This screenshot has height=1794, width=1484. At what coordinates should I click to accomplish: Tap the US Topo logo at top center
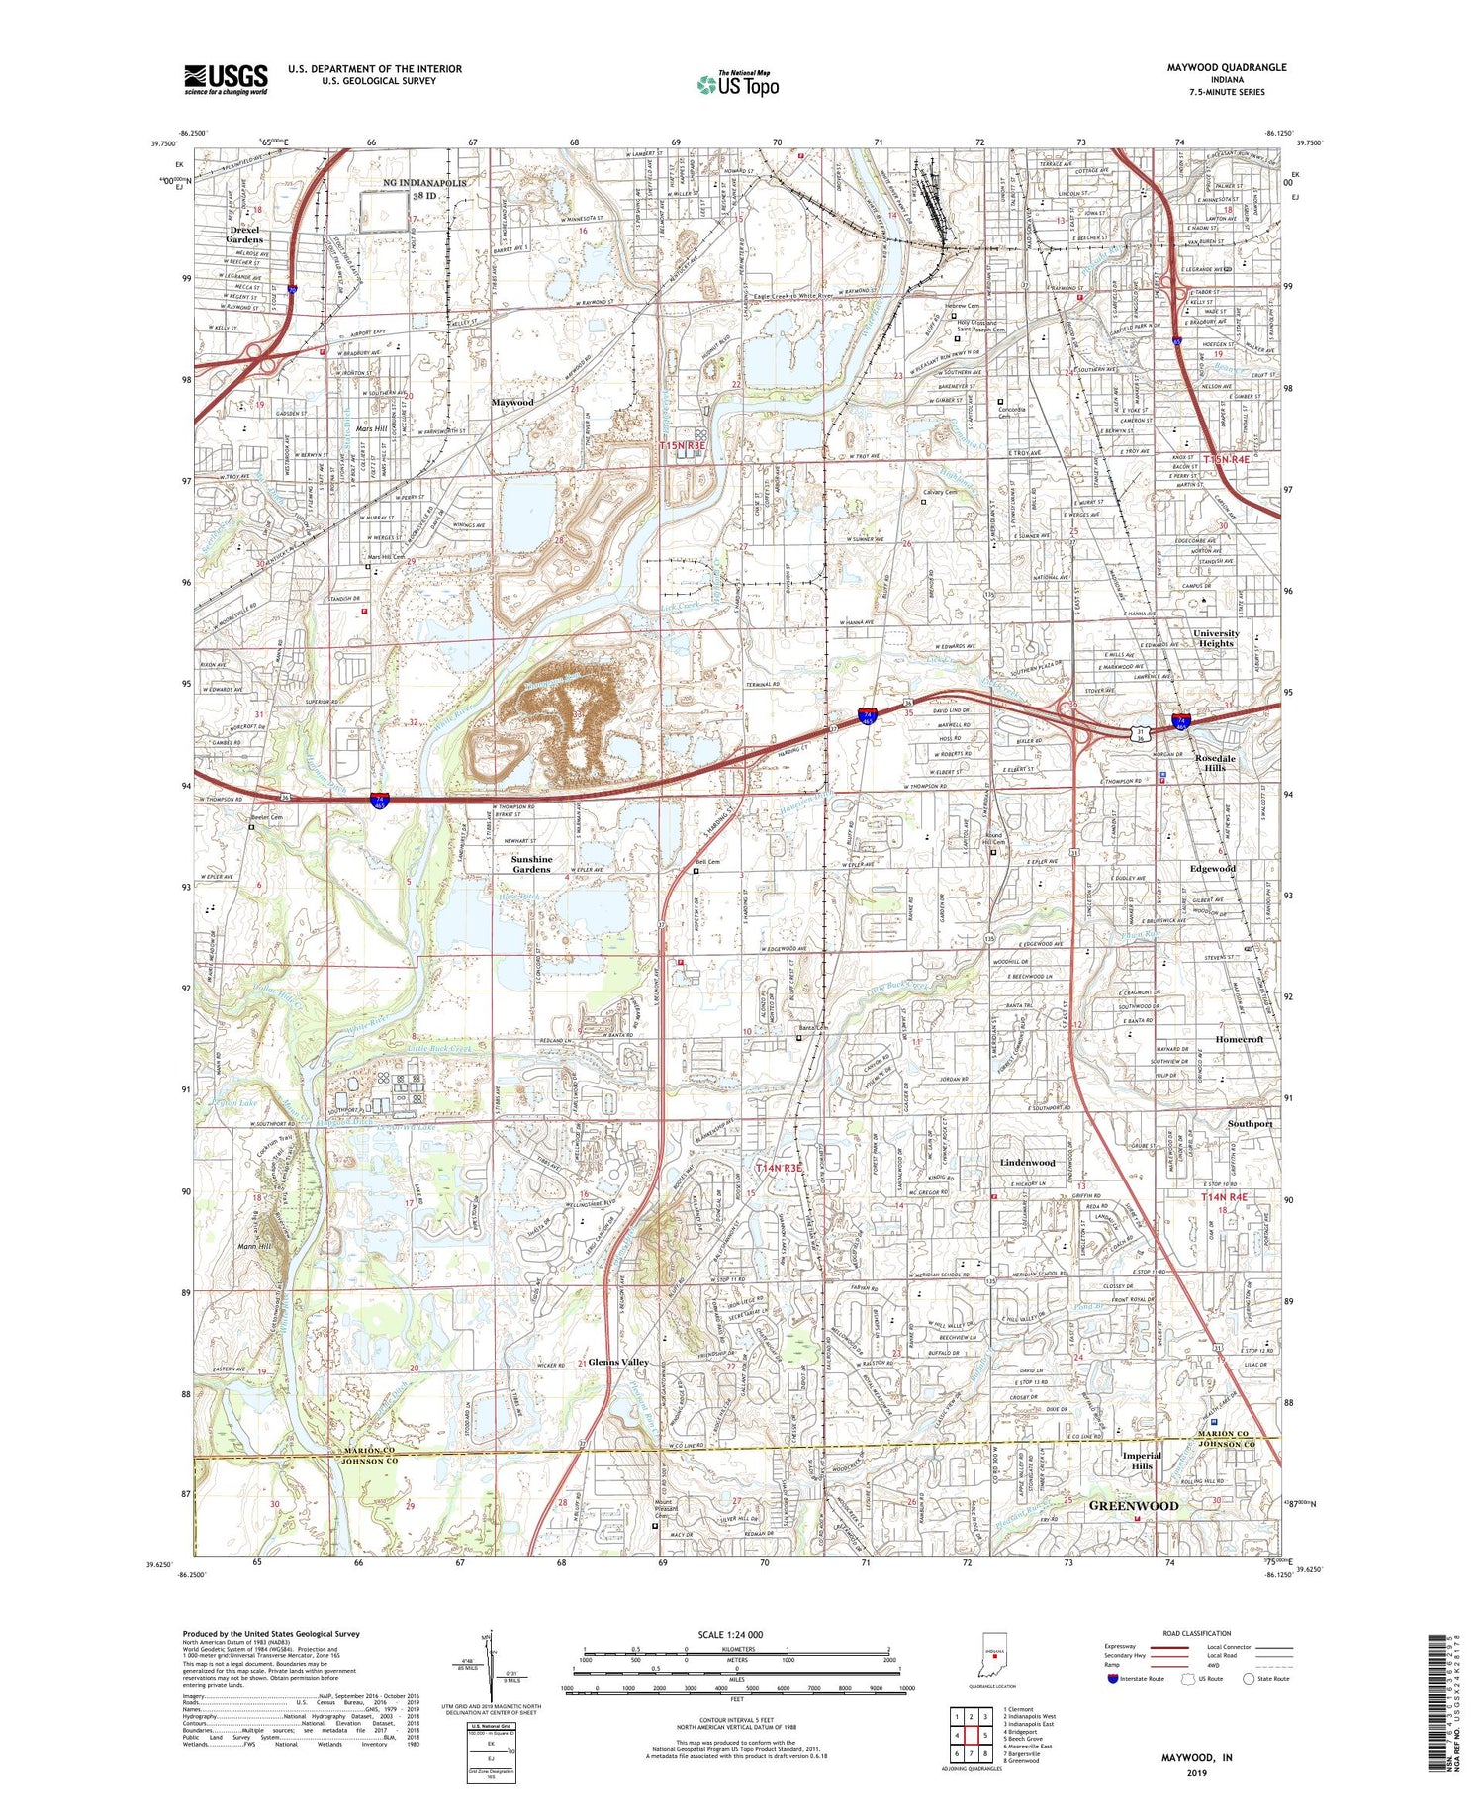click(x=737, y=85)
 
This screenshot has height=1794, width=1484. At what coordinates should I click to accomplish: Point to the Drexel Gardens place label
click(x=244, y=235)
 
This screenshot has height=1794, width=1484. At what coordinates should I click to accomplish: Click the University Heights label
click(x=1215, y=638)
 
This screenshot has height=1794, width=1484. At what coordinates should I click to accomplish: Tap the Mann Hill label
click(x=254, y=1247)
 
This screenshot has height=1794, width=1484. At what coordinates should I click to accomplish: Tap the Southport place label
click(x=1250, y=1124)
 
